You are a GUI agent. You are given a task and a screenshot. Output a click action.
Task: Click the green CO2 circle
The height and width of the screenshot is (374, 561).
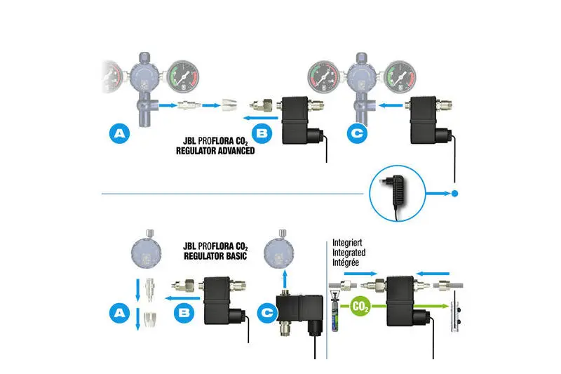point(360,307)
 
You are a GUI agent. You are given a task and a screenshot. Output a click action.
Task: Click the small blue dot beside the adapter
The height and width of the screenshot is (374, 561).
point(455,193)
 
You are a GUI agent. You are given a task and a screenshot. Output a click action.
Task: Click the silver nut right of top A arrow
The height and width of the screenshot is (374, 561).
point(231,106)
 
